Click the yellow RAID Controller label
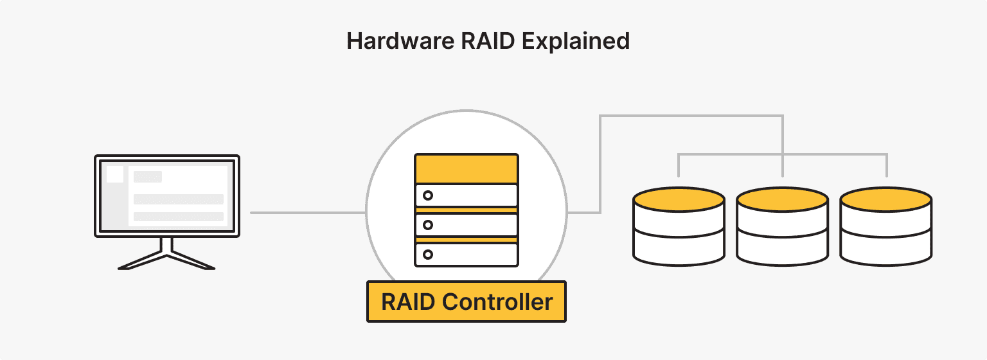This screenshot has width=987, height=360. [467, 301]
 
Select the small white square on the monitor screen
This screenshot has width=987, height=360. [115, 174]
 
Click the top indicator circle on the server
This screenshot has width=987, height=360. [428, 195]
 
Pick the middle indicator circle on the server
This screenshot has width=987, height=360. [428, 225]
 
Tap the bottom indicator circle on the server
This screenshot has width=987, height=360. [428, 255]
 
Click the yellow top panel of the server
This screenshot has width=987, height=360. [467, 168]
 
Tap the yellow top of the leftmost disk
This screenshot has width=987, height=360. [679, 199]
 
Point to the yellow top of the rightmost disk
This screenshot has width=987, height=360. [886, 199]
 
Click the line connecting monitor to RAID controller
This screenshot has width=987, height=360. [307, 213]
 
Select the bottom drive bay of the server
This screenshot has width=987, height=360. [467, 255]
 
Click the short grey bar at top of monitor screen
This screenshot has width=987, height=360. [148, 177]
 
